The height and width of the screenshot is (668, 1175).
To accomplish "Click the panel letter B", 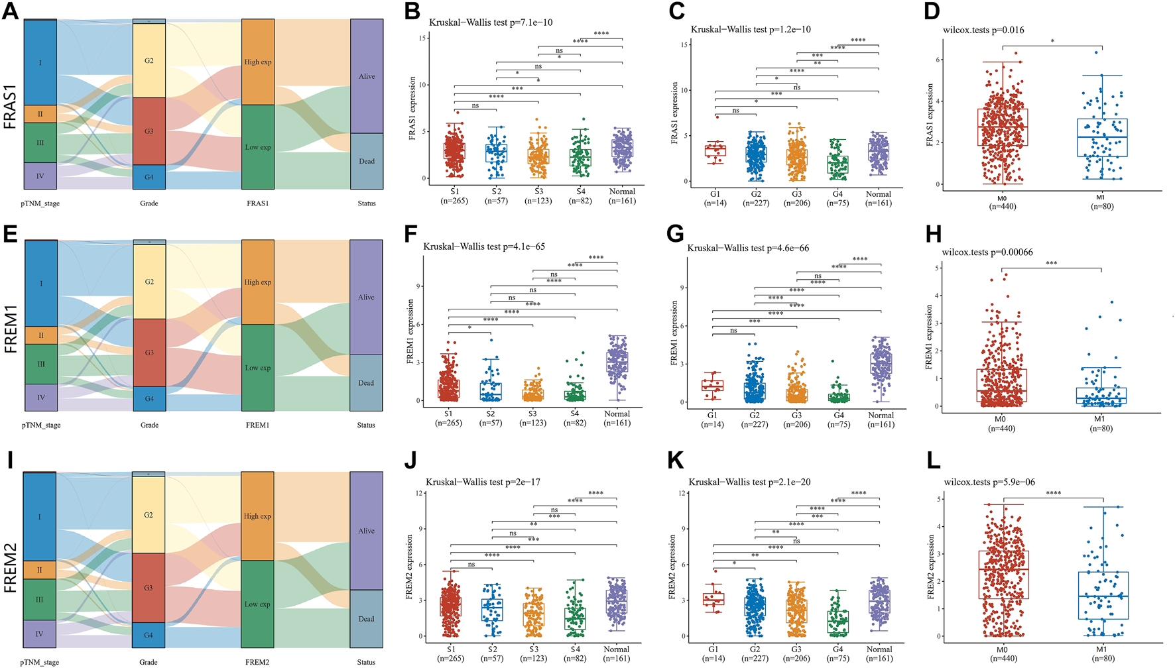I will tap(412, 11).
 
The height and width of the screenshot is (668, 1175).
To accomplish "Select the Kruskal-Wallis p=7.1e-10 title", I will tap(491, 23).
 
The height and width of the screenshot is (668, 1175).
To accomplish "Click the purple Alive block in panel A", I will tap(367, 76).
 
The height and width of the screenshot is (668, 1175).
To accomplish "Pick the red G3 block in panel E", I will tap(149, 353).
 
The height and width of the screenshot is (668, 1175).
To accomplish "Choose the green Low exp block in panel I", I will tap(257, 604).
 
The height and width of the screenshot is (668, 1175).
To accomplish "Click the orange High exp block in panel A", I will tap(258, 62).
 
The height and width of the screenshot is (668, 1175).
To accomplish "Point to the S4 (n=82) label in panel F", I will tap(575, 418).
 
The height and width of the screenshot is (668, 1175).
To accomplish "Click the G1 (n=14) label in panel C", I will tap(715, 199).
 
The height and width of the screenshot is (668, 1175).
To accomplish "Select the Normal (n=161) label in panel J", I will tap(617, 653).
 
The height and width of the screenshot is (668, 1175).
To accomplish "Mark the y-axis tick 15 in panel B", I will tap(422, 38).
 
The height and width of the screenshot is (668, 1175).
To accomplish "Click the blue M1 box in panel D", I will tap(1102, 138).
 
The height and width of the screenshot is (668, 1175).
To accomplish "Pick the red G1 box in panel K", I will tap(714, 599).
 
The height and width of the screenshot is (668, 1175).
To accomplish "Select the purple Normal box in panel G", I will tap(881, 364).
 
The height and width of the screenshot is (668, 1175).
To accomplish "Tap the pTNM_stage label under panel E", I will tap(41, 425).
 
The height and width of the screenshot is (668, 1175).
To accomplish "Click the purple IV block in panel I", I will tap(40, 634).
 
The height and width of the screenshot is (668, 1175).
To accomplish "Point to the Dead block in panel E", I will tap(366, 382).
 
